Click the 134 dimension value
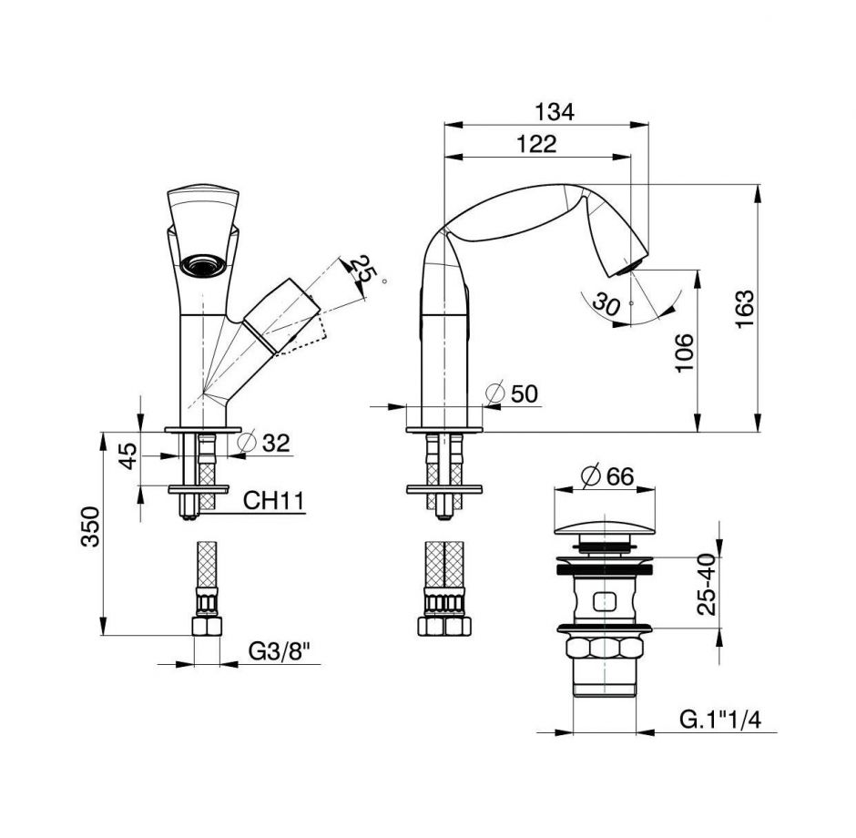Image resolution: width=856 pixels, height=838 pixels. pos(554,112)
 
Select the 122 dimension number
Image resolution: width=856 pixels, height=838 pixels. pos(536,144)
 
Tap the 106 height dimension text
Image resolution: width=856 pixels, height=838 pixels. pos(685,352)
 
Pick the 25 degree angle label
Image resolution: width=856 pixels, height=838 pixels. pos(362,270)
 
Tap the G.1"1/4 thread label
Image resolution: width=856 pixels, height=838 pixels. pos(720,720)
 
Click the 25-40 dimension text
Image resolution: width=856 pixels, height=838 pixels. pos(706,585)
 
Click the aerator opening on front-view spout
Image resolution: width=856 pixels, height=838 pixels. pos(203,266)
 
